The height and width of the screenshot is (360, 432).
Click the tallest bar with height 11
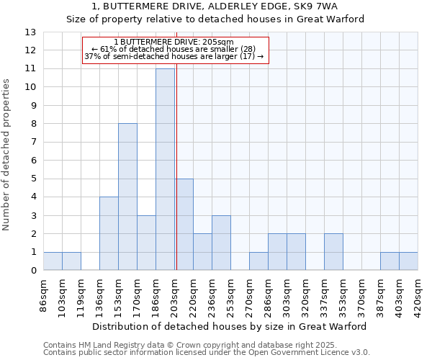point(165,169)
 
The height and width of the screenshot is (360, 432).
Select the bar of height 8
point(127,197)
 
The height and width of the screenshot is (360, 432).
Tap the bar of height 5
point(184,224)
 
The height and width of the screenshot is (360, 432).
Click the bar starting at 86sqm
point(53,261)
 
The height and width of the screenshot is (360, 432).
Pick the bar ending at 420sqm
point(408,261)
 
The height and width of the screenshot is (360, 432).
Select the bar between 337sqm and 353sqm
point(333,252)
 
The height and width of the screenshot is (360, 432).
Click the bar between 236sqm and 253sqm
point(221,243)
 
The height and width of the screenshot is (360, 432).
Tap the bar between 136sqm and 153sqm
point(109,233)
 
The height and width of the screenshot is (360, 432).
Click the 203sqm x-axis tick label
point(175,294)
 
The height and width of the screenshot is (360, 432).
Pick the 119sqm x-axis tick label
point(81,294)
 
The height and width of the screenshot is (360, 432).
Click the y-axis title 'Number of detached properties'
point(6,156)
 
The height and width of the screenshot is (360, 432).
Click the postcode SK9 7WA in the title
point(319,6)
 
